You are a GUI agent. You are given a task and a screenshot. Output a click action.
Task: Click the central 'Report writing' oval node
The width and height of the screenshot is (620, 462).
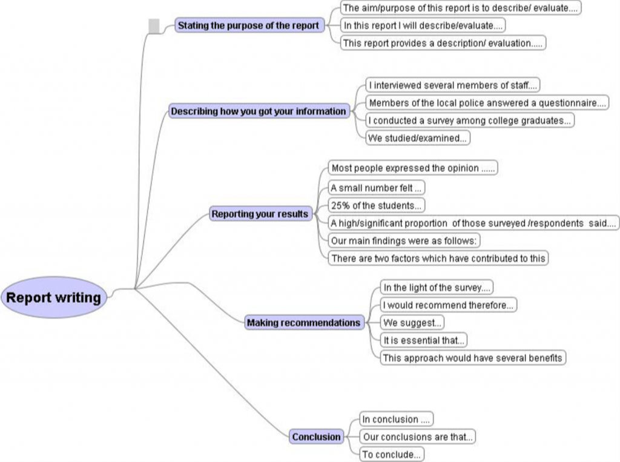point(53,297)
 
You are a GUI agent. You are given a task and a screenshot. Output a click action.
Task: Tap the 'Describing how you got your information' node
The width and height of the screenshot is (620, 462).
point(259,111)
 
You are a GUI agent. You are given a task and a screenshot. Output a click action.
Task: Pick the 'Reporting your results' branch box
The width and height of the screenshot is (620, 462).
point(260,214)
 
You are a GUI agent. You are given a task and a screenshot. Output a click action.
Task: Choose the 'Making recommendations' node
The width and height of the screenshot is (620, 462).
point(303,323)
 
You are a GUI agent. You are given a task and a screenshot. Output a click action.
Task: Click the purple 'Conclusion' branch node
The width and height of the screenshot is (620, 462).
point(316,437)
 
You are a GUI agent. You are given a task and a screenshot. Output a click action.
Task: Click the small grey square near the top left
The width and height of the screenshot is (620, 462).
point(154,25)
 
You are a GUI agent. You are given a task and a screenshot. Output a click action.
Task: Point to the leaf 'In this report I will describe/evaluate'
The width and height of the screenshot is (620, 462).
point(423,25)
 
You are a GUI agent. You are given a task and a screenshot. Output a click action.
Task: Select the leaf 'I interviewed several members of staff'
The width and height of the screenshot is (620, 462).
point(453,85)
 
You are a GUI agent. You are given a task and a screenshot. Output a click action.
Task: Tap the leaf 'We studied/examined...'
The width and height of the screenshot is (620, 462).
point(418,138)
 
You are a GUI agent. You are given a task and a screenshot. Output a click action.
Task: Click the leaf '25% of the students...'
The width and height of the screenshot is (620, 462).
point(376,205)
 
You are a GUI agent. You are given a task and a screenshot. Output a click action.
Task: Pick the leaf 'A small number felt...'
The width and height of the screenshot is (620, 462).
point(376,188)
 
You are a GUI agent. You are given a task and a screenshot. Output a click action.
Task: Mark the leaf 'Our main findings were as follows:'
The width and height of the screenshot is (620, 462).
point(404,240)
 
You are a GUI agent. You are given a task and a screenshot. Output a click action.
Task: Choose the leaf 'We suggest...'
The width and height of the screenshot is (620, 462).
point(412,323)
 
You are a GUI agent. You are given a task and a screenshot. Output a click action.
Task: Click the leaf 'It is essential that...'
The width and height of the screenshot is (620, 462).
point(424,340)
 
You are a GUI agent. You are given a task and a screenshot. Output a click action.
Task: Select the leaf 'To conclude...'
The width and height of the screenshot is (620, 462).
point(391,454)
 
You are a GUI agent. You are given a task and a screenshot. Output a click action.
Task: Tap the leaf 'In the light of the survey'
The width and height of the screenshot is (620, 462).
point(436,288)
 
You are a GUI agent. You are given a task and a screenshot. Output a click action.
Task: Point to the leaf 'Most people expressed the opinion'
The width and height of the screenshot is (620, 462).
point(414,168)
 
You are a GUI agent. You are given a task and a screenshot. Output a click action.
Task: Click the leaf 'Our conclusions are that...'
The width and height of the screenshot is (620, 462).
point(417,437)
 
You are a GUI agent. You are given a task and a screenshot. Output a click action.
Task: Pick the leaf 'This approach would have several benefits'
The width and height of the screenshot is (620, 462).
point(473,357)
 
